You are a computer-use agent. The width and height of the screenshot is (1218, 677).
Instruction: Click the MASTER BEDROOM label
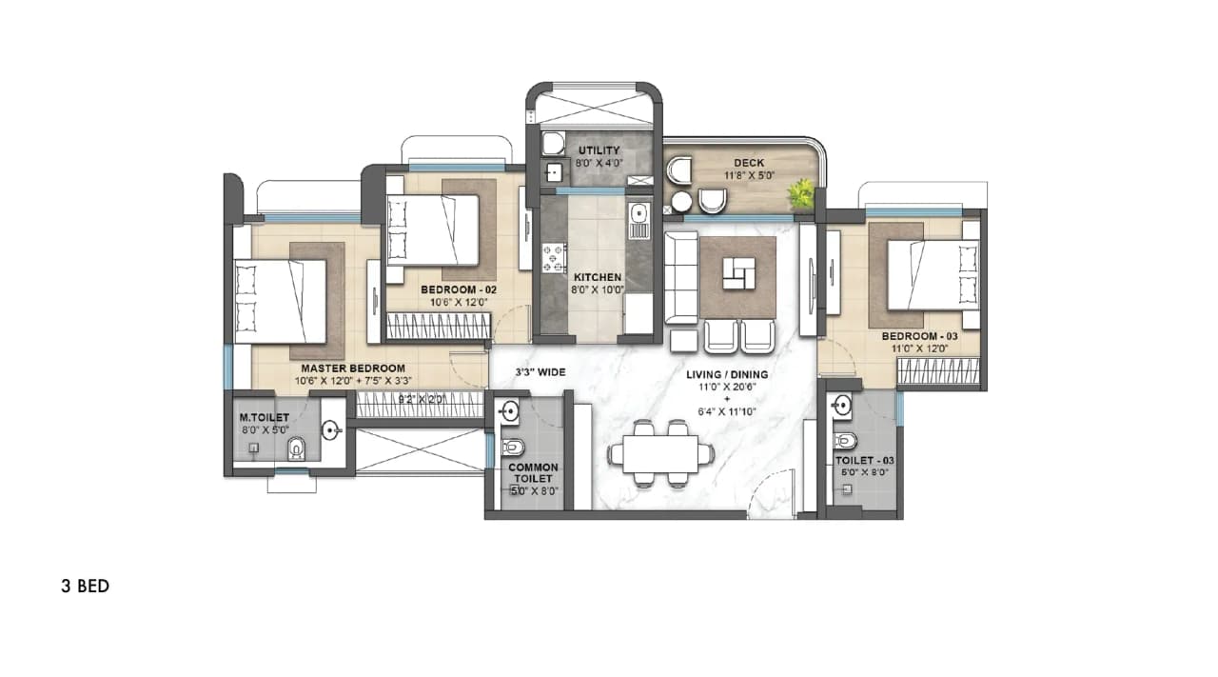click(353, 368)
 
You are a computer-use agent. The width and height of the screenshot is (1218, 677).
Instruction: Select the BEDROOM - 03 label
click(919, 336)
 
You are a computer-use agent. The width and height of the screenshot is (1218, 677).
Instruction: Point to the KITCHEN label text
click(598, 277)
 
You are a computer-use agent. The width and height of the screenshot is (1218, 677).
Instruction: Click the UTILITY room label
click(599, 150)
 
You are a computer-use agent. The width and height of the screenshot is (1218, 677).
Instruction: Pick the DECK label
click(749, 163)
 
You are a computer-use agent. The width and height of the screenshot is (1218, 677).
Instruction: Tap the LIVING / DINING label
click(727, 374)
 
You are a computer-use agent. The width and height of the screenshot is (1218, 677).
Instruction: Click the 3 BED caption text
click(85, 587)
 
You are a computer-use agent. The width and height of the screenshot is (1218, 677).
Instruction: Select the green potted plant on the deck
click(801, 193)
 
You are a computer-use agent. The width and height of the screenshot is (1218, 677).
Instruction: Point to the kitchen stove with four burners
click(553, 258)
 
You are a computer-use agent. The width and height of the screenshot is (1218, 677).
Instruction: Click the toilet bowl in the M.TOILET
click(296, 448)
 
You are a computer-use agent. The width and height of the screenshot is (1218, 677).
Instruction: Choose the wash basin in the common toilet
click(508, 412)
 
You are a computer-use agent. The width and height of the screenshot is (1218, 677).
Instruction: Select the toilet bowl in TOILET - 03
click(844, 441)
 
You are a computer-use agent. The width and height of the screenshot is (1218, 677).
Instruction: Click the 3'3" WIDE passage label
click(540, 373)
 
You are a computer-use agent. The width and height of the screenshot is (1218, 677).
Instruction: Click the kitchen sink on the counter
click(638, 213)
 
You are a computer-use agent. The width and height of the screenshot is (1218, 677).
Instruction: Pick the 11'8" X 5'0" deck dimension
click(749, 176)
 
